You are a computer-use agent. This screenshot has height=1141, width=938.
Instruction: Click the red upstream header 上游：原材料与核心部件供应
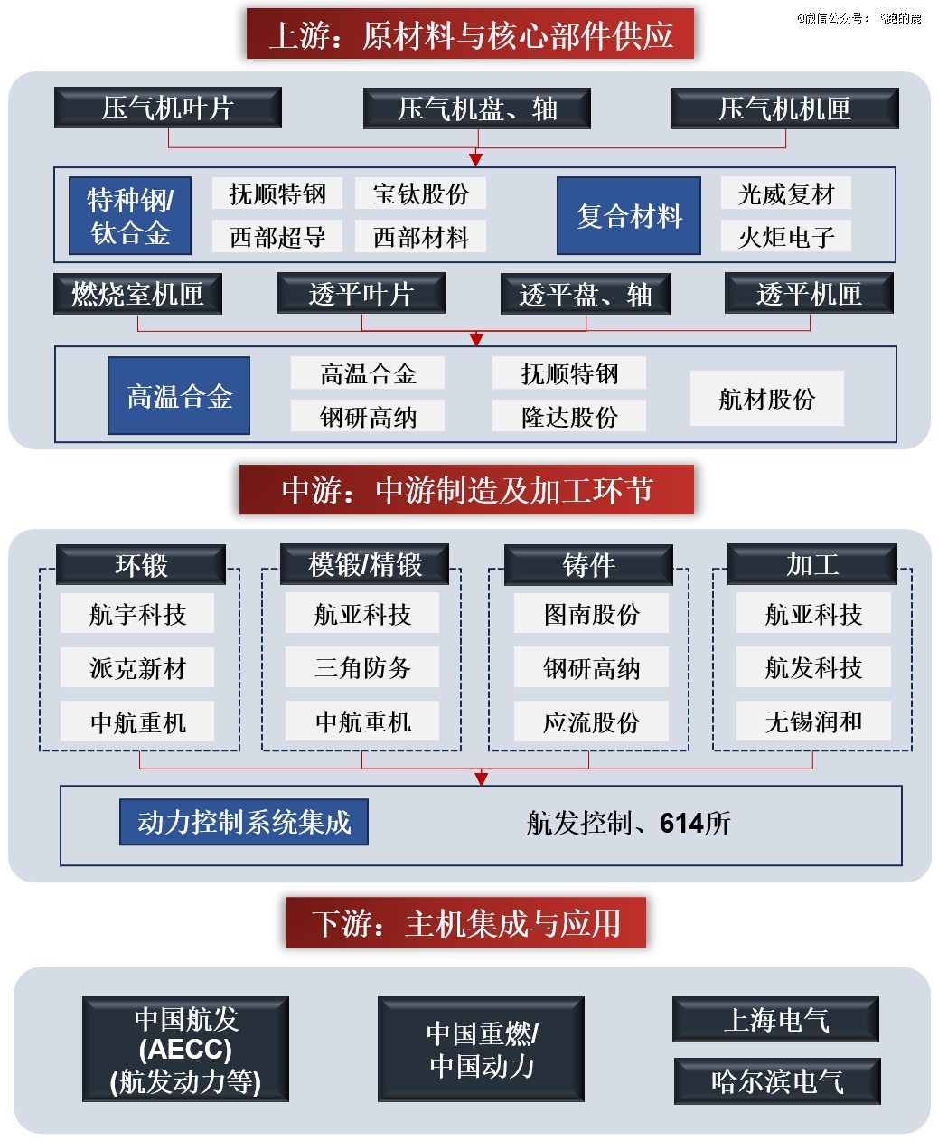[470, 33]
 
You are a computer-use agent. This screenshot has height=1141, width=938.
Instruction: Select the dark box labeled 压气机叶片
[167, 108]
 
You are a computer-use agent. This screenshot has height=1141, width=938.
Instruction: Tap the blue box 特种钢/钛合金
[130, 215]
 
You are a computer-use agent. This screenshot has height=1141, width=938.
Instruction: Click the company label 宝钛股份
[420, 193]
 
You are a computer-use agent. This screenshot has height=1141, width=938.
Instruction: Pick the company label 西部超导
[277, 236]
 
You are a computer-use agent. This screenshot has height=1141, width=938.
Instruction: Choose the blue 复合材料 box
[629, 215]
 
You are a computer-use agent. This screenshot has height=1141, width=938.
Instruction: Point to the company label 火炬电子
[785, 236]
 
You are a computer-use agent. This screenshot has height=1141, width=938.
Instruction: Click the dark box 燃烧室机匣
[137, 294]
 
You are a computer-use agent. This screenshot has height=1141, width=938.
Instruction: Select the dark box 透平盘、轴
[585, 294]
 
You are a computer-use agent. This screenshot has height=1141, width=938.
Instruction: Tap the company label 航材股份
[766, 398]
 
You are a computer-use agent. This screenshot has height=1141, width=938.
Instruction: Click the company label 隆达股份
[568, 416]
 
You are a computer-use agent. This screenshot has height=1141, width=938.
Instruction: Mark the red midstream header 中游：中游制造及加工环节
[466, 490]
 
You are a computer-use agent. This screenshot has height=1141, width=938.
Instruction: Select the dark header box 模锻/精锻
[364, 564]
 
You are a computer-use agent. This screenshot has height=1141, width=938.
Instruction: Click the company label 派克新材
[137, 667]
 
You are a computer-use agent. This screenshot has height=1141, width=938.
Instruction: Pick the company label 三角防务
[362, 667]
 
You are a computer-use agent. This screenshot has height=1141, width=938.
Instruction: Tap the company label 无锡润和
[813, 721]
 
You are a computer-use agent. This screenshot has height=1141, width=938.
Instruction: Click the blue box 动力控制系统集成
[244, 822]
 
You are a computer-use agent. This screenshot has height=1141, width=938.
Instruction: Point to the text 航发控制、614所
[628, 823]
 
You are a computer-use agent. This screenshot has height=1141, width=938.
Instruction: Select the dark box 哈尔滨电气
[777, 1081]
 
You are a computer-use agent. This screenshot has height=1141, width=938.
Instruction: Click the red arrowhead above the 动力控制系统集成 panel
[481, 778]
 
